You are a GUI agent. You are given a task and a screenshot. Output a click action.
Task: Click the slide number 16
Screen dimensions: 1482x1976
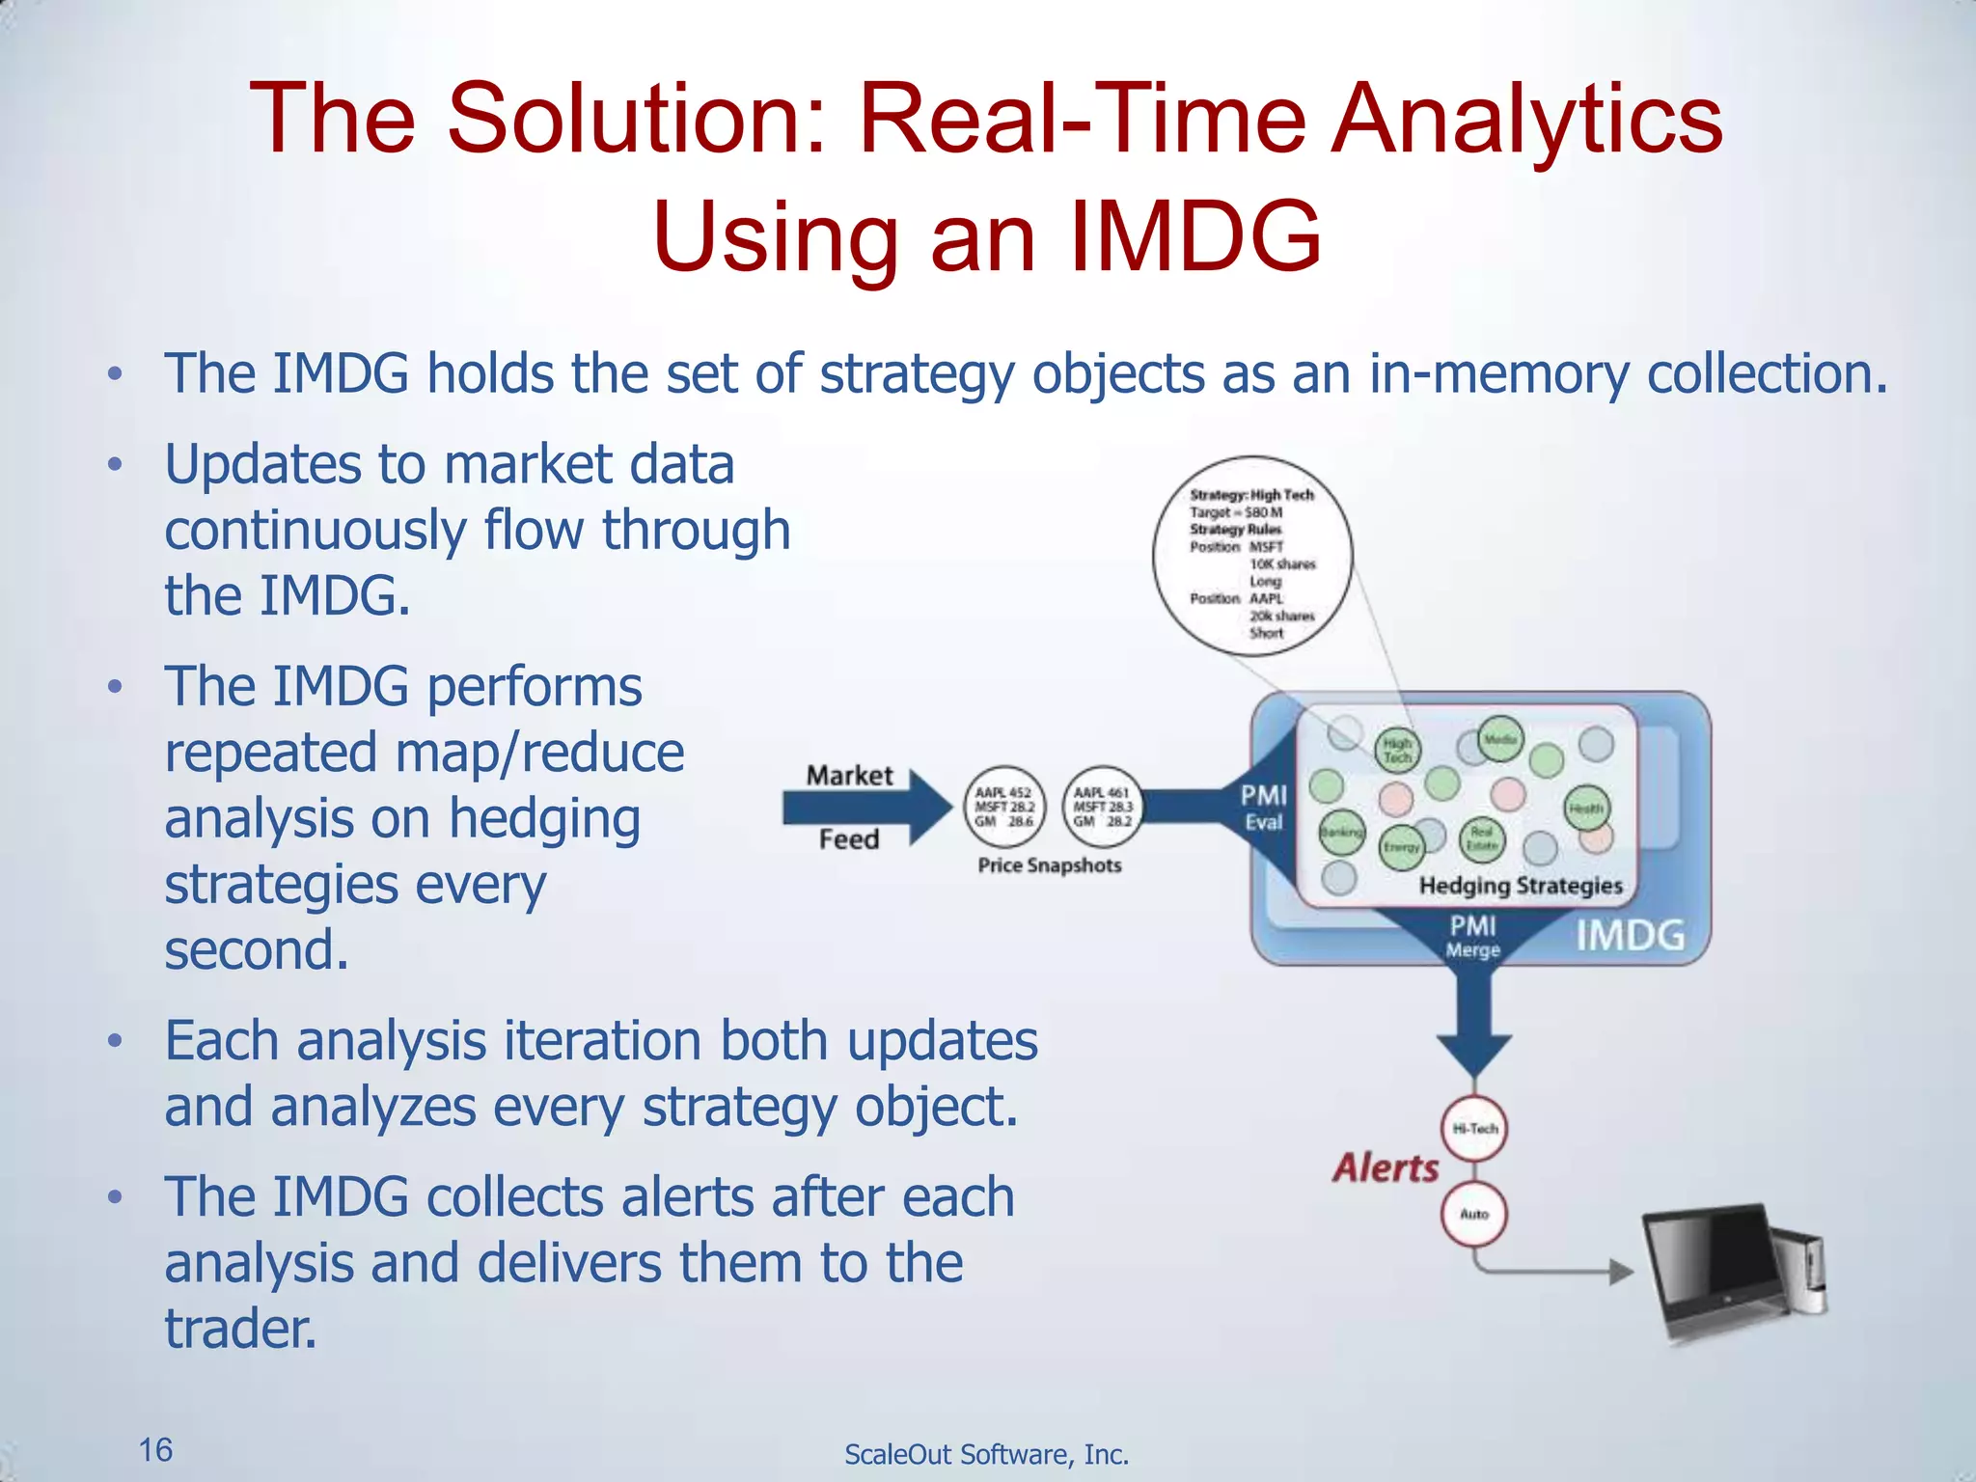[155, 1449]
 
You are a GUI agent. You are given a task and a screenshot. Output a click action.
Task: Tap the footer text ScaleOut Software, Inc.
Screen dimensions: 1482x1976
[986, 1454]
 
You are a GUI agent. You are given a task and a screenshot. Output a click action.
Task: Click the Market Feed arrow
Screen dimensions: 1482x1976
[864, 807]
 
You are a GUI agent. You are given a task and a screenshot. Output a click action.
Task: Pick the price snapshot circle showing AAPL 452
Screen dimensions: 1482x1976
[1003, 807]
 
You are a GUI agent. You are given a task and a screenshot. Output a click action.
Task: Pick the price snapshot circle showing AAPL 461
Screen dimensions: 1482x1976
[1102, 807]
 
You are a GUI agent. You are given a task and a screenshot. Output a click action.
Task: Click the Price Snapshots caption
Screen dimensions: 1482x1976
[1050, 865]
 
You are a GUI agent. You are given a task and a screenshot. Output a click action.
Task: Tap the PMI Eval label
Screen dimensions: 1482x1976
[1263, 808]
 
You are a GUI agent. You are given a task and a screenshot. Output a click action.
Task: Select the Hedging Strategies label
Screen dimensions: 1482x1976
[1521, 886]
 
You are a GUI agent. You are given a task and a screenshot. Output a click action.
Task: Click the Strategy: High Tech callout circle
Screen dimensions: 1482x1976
[1252, 557]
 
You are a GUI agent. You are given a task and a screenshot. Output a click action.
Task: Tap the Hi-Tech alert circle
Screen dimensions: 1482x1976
[1474, 1128]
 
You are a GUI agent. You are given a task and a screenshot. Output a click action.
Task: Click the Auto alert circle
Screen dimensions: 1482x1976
[1474, 1214]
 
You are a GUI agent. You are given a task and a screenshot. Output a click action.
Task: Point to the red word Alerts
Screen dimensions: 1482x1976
[1386, 1168]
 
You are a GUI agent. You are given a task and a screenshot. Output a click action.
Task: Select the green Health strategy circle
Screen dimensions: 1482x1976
[1585, 809]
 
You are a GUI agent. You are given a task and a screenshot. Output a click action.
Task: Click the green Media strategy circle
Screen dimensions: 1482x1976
[1500, 739]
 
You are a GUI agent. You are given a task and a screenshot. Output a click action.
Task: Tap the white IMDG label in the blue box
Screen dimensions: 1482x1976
[1630, 935]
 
